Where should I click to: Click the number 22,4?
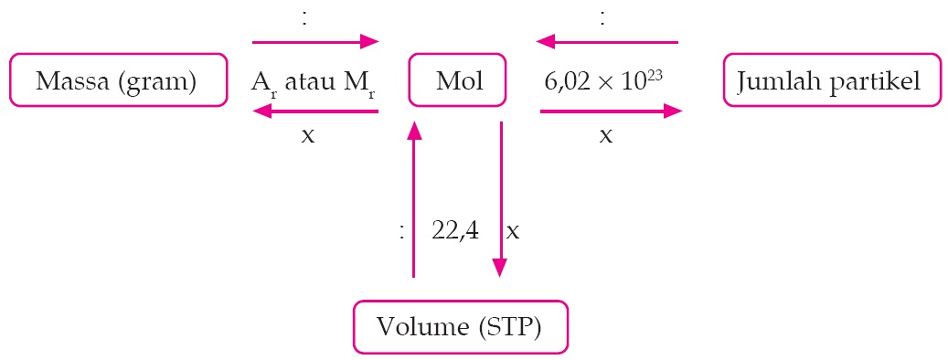pos(454,231)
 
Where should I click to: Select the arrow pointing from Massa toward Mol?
pos(315,41)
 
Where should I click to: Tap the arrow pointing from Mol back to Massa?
pos(315,111)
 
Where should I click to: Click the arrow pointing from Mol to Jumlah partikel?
pos(610,111)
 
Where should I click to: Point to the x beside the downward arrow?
pos(514,231)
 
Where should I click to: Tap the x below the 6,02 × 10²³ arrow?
pos(605,135)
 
